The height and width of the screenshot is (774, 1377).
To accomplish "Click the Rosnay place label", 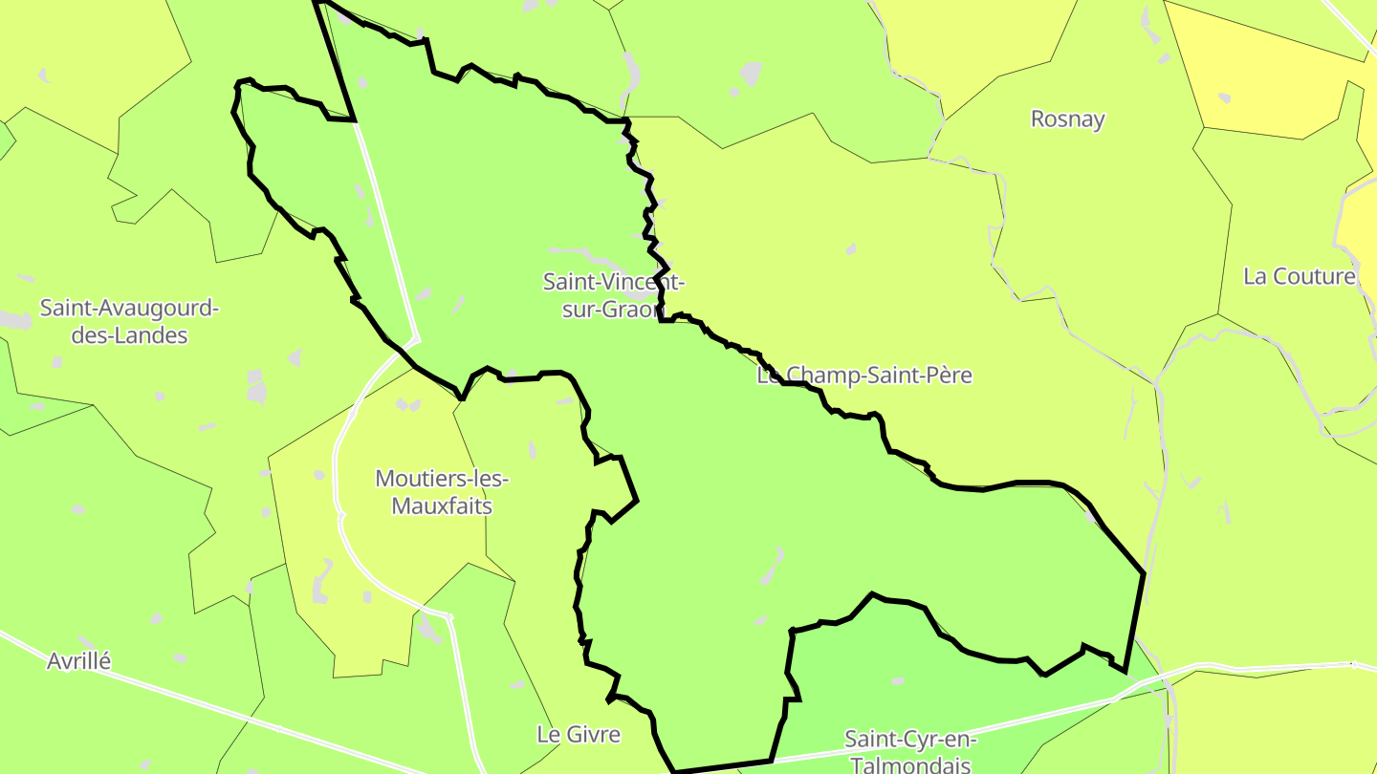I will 1067,119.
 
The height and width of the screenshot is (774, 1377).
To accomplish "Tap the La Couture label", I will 1299,277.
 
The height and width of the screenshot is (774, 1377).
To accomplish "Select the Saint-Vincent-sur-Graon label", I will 613,295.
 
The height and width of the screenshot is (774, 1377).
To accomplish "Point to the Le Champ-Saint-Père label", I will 863,376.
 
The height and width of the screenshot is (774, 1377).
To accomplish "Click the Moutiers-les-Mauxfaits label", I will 442,491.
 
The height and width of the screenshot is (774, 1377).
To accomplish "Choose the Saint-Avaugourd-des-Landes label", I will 129,322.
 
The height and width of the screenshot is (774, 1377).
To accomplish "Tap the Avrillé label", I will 79,661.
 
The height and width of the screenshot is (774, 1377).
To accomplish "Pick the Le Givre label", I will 578,735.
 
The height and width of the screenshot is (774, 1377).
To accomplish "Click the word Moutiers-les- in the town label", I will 442,478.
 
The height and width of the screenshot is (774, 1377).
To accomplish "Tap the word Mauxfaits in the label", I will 442,505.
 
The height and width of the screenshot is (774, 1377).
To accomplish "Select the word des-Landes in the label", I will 129,336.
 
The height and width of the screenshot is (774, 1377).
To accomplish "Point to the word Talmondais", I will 910,764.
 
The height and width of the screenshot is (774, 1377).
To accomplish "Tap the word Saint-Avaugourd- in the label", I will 129,309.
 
